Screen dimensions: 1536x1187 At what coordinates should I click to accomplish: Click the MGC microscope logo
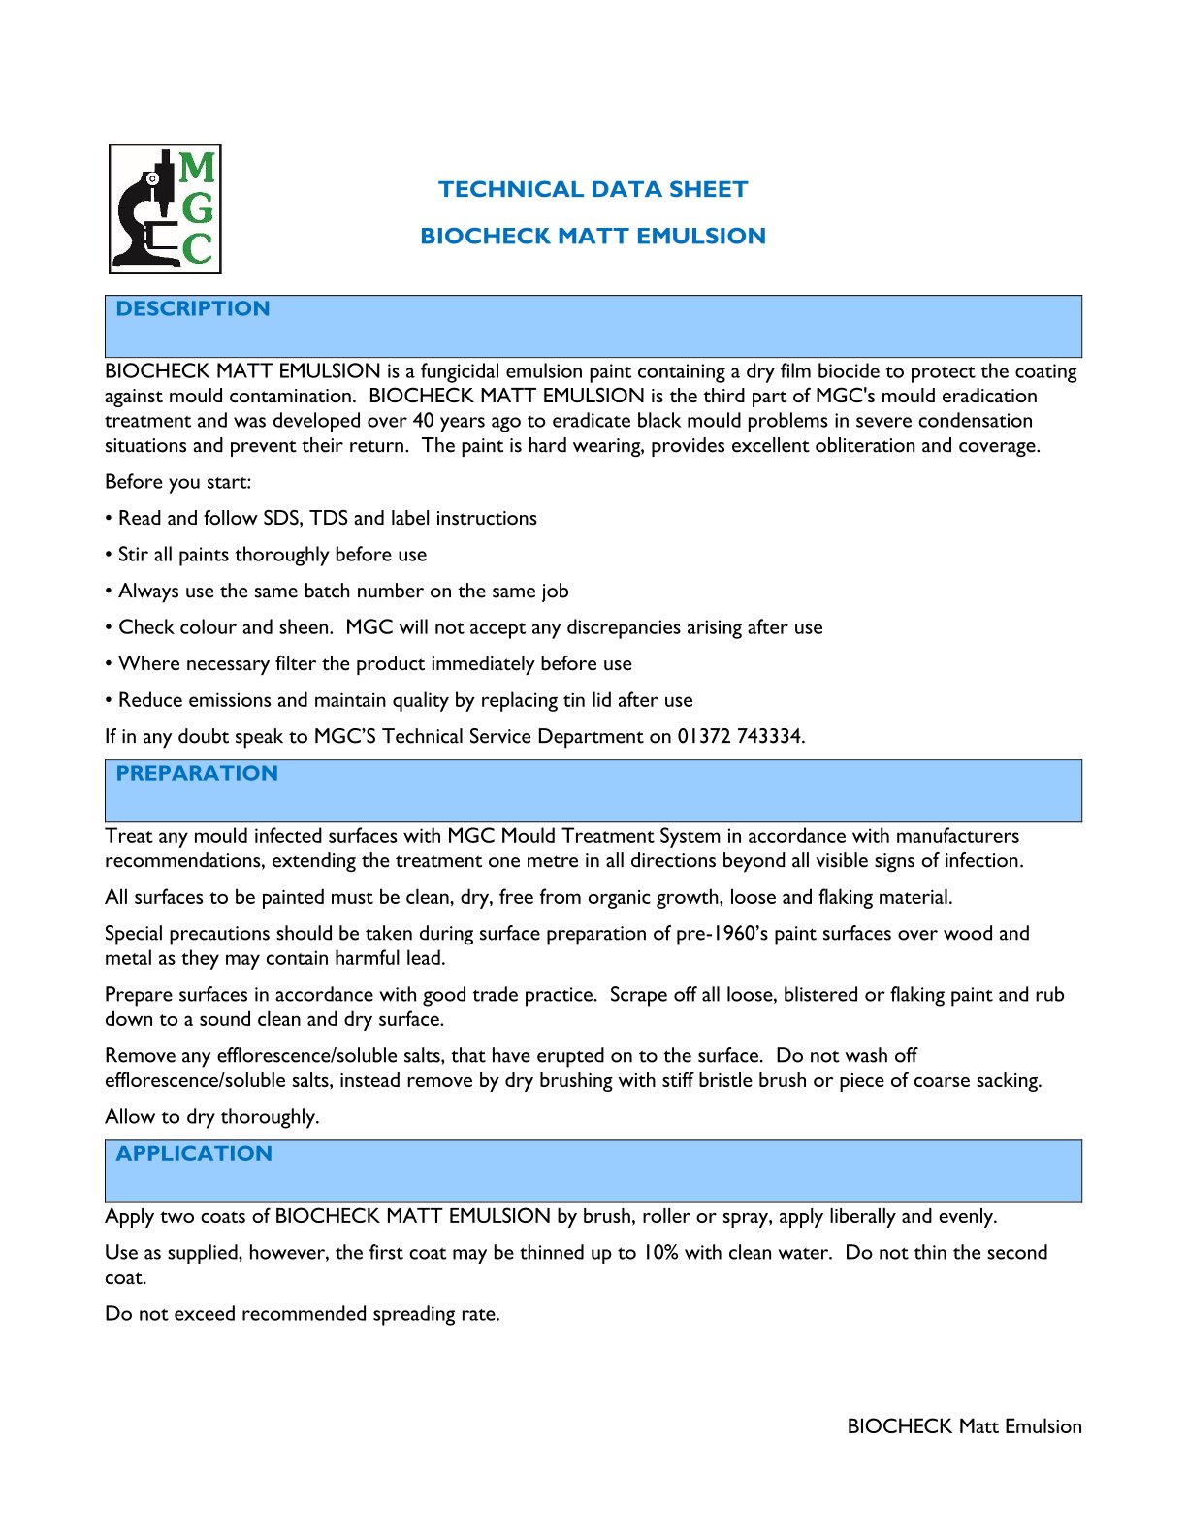coord(165,208)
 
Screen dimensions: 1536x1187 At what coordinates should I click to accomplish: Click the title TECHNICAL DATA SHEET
coord(593,189)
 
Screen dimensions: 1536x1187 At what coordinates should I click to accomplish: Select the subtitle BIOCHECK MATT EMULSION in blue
coord(593,236)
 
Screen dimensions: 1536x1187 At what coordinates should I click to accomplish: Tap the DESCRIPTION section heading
coord(193,308)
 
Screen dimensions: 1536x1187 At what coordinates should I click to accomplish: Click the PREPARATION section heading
coord(197,773)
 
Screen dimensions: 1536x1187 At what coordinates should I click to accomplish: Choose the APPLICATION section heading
coord(194,1153)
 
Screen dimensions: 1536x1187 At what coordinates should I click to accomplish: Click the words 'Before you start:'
coord(177,482)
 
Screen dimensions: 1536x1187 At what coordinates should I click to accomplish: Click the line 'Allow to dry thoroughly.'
coord(211,1116)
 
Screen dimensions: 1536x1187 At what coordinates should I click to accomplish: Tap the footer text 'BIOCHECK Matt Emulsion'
coord(964,1425)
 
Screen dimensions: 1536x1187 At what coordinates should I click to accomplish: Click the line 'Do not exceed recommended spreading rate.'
coord(302,1313)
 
